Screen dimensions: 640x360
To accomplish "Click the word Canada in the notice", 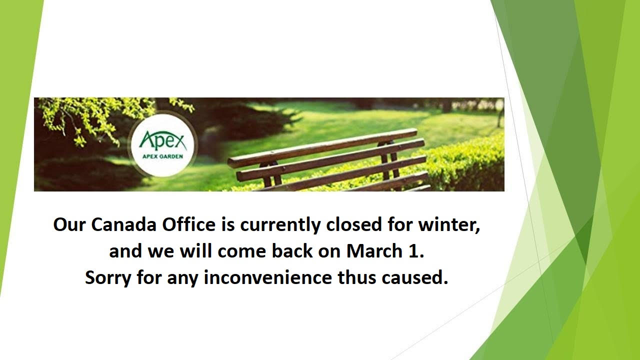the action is [x=123, y=224].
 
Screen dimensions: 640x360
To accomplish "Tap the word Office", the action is [x=188, y=224].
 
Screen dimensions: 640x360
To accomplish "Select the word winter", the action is [x=449, y=225].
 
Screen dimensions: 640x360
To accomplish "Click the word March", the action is [x=374, y=251].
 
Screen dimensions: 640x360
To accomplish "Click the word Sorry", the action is [x=108, y=277].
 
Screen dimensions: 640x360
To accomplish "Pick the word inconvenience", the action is [x=267, y=277].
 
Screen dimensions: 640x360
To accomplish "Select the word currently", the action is [x=280, y=225].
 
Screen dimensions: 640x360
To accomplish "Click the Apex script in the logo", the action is [x=162, y=141].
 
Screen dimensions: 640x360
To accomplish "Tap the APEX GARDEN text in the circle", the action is [x=162, y=156].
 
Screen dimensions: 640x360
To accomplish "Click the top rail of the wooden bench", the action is [x=322, y=147].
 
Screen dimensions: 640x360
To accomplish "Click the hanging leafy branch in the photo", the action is [x=94, y=117].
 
